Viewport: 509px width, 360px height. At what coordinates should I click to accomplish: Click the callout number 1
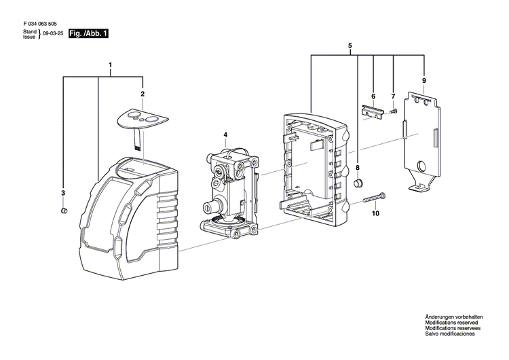click(x=111, y=66)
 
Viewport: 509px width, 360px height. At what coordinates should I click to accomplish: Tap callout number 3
click(x=63, y=194)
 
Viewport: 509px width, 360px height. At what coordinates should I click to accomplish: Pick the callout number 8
click(x=358, y=167)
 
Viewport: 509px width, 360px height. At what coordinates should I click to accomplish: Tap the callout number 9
click(x=423, y=82)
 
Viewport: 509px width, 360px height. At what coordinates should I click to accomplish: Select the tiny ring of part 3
click(x=62, y=211)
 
